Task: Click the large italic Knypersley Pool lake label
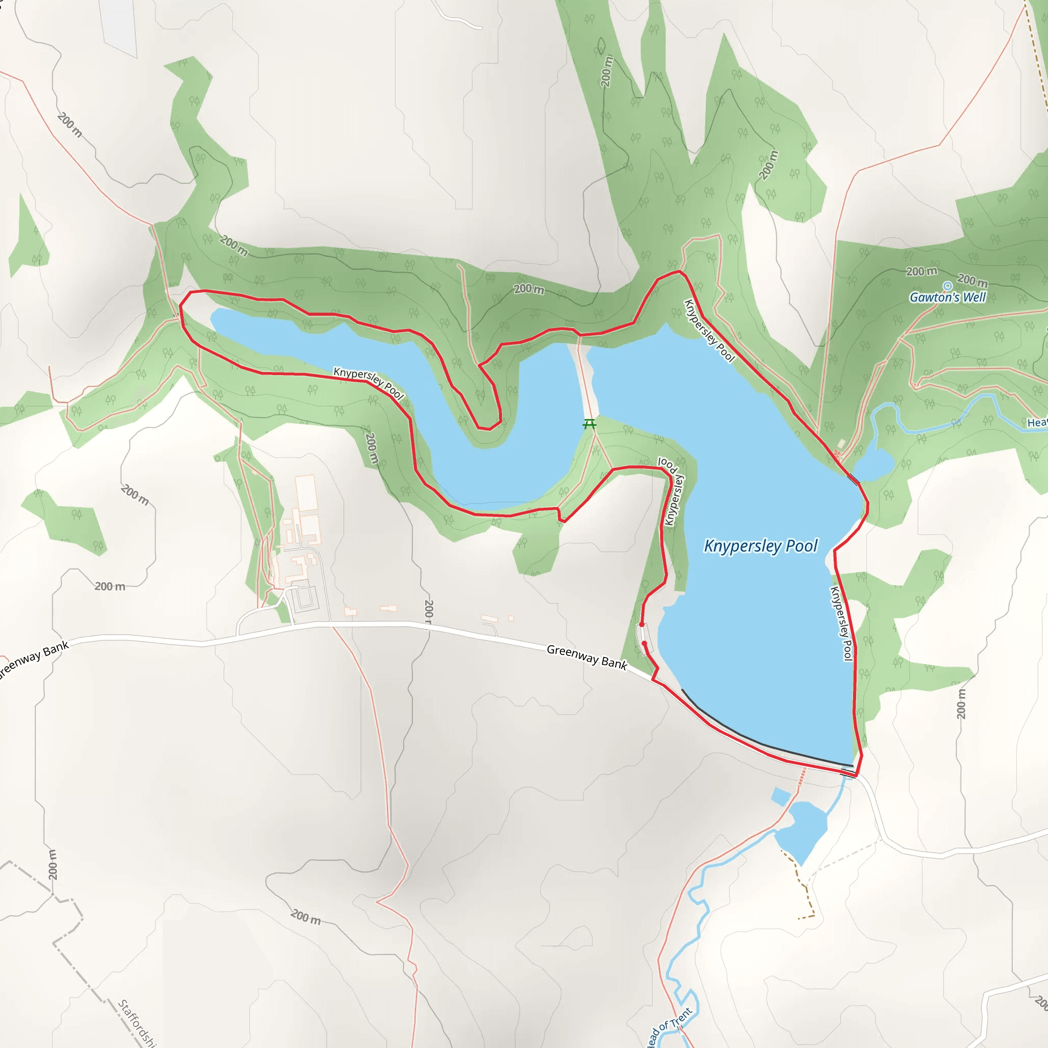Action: [760, 545]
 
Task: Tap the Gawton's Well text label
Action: [947, 297]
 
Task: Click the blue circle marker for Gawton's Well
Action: [947, 286]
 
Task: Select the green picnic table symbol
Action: [589, 424]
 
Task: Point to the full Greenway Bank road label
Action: [586, 657]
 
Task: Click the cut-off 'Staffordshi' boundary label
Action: [137, 1023]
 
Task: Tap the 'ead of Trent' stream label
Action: [668, 1027]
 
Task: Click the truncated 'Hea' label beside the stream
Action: [1037, 423]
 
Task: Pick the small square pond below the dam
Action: [781, 796]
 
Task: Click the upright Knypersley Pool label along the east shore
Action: [841, 624]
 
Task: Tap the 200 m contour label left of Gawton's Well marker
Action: [921, 271]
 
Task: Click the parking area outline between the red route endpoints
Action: [644, 638]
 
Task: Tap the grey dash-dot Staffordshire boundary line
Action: [76, 966]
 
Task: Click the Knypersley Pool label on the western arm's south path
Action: [368, 382]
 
